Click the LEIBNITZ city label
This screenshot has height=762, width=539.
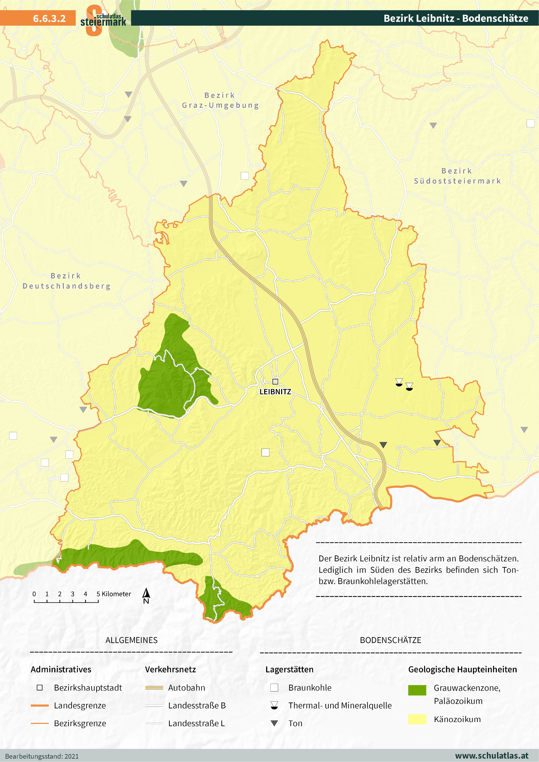pyautogui.click(x=275, y=392)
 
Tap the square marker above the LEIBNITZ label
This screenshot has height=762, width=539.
pyautogui.click(x=275, y=381)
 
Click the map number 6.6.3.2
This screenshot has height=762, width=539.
pyautogui.click(x=49, y=18)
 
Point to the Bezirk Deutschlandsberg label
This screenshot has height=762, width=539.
pyautogui.click(x=66, y=281)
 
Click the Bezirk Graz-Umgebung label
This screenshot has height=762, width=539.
pyautogui.click(x=220, y=100)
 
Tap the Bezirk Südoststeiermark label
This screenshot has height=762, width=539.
pyautogui.click(x=457, y=176)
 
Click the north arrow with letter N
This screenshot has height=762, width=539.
pyautogui.click(x=146, y=596)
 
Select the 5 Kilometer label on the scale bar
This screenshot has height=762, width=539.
pyautogui.click(x=114, y=594)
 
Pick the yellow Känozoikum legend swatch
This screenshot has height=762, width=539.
pyautogui.click(x=417, y=719)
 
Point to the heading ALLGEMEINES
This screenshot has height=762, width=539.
pyautogui.click(x=131, y=640)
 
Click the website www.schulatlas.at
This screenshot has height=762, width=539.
pyautogui.click(x=491, y=756)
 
